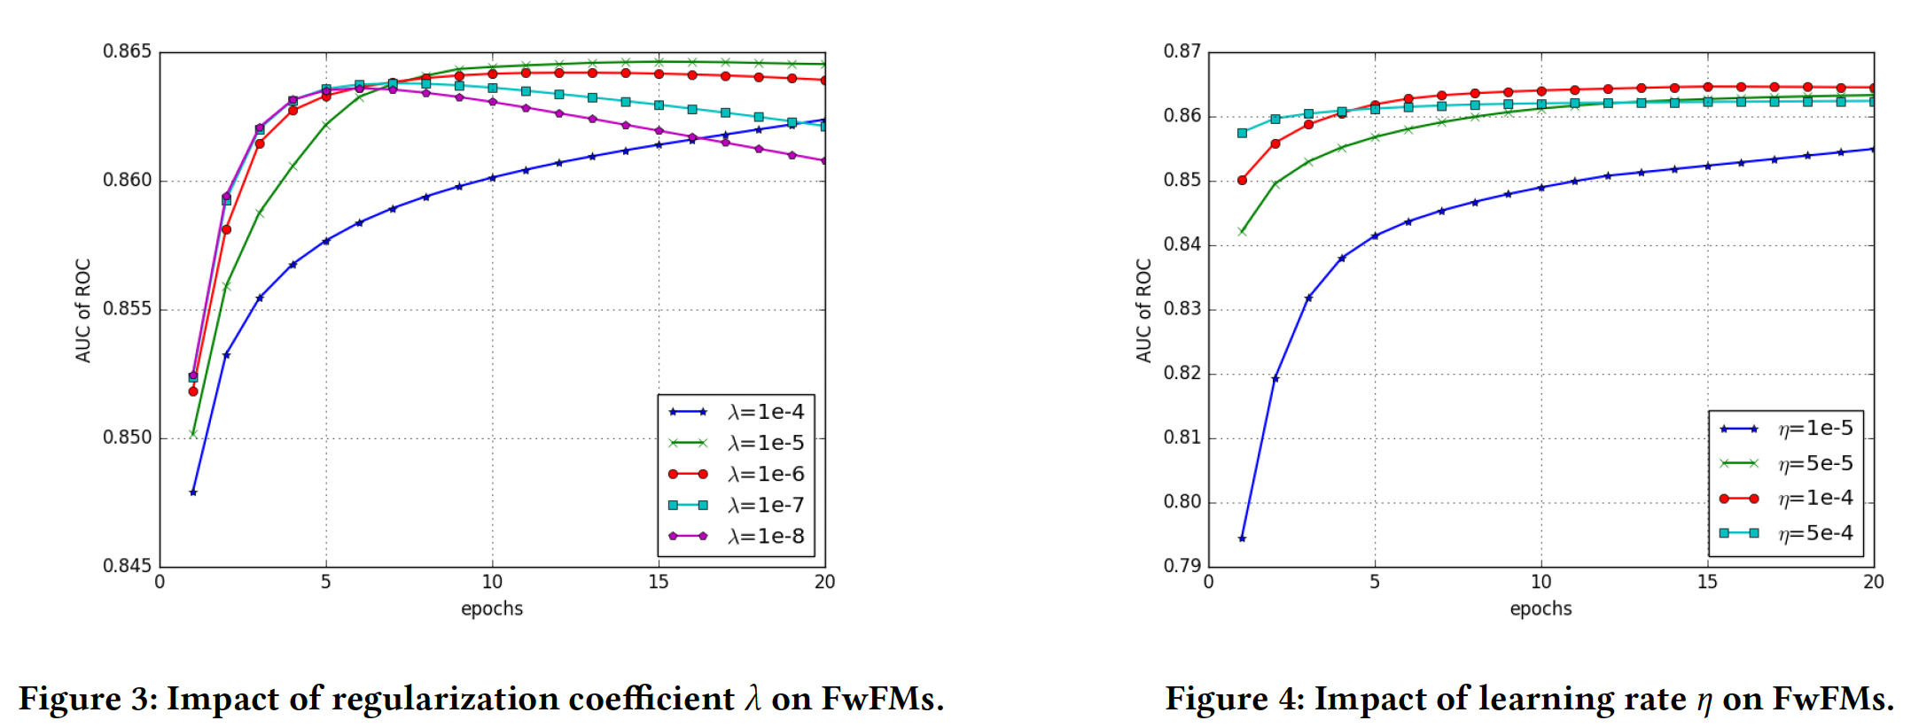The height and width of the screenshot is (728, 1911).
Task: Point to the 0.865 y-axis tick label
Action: pyautogui.click(x=128, y=51)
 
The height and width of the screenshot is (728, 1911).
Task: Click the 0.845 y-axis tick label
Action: pyautogui.click(x=128, y=566)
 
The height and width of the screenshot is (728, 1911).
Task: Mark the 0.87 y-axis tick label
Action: pyautogui.click(x=1182, y=51)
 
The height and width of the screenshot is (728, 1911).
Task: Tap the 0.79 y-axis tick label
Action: pyautogui.click(x=1182, y=566)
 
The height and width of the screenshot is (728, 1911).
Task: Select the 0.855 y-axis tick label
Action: pyautogui.click(x=128, y=309)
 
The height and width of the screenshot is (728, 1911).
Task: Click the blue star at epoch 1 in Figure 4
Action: pyautogui.click(x=1242, y=538)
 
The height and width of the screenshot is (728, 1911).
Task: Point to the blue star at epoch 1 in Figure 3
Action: pyautogui.click(x=193, y=492)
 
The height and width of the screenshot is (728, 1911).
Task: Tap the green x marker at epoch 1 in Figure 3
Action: pyautogui.click(x=193, y=434)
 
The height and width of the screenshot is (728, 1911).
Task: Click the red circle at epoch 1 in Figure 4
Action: pyautogui.click(x=1242, y=180)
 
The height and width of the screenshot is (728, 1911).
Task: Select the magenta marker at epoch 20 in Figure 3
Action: pyautogui.click(x=824, y=161)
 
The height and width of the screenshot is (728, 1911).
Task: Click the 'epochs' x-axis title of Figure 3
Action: pyautogui.click(x=492, y=609)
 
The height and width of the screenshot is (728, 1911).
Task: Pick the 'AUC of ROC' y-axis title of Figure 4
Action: pyautogui.click(x=1144, y=310)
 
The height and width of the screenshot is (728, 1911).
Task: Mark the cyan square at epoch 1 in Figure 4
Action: pyautogui.click(x=1242, y=133)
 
